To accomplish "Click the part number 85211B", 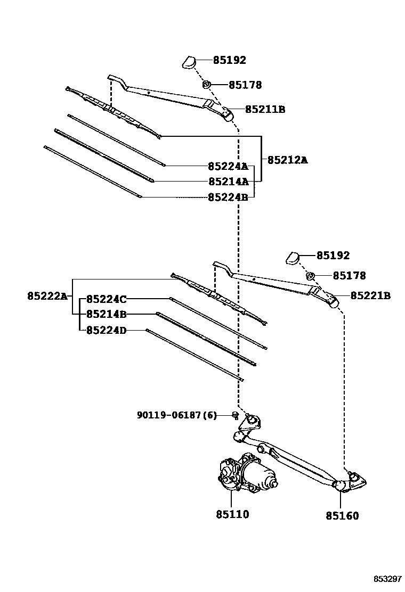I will (x=265, y=110).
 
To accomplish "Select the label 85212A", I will (x=287, y=160).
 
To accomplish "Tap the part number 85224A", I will (x=228, y=166).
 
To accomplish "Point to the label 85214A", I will (x=228, y=182).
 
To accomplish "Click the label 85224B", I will (x=228, y=197).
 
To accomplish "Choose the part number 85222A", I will (x=47, y=296).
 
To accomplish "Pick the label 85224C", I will (x=106, y=299).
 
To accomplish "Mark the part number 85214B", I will (x=106, y=314).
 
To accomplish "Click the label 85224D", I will (x=106, y=330).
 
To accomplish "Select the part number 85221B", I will (x=370, y=295).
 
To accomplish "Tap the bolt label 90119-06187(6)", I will (x=177, y=415).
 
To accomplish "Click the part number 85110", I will (x=232, y=514).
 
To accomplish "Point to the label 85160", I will (x=342, y=515).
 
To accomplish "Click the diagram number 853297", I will (x=387, y=579).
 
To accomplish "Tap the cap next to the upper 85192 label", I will (x=189, y=62).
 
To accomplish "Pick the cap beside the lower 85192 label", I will (x=293, y=257).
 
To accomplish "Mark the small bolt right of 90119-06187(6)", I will (x=236, y=415).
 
